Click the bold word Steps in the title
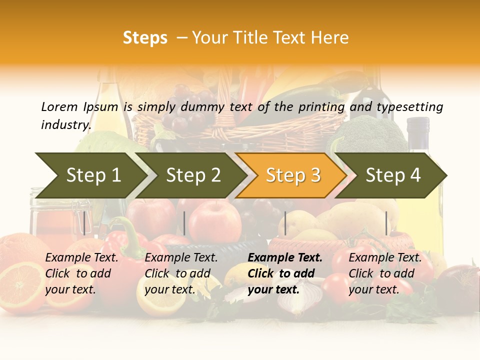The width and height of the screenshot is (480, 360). click(145, 38)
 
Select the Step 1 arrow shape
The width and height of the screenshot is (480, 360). click(93, 175)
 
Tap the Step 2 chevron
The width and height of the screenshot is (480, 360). click(193, 175)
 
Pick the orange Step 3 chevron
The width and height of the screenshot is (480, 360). click(293, 175)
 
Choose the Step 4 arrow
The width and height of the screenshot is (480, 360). click(393, 175)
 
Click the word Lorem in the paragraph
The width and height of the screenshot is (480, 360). click(59, 106)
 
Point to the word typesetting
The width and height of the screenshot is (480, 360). click(409, 106)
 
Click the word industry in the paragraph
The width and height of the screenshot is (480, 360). click(65, 124)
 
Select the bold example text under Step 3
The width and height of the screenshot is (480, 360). click(285, 273)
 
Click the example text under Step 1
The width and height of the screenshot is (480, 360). click(81, 273)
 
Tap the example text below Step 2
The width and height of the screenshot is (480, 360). click(181, 273)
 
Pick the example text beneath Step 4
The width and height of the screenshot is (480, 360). click(385, 273)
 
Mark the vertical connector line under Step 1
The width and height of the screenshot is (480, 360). click(84, 223)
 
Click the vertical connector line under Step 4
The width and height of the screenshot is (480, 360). click(386, 223)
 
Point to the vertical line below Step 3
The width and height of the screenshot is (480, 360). click(285, 223)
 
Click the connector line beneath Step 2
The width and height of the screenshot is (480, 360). click(184, 223)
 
